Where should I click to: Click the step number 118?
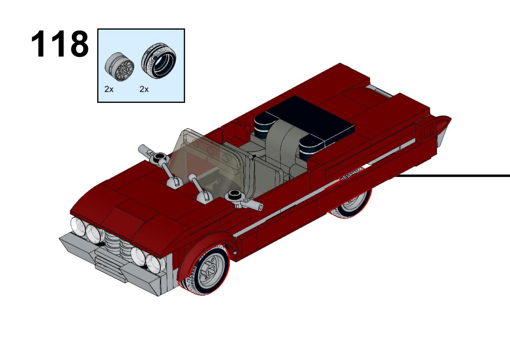(60, 44)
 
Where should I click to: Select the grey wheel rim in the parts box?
(119, 67)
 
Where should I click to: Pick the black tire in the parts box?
(159, 61)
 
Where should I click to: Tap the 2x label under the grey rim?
(109, 89)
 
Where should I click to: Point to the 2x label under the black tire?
(144, 89)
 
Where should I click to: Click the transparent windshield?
(208, 163)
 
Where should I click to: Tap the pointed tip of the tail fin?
(450, 118)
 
